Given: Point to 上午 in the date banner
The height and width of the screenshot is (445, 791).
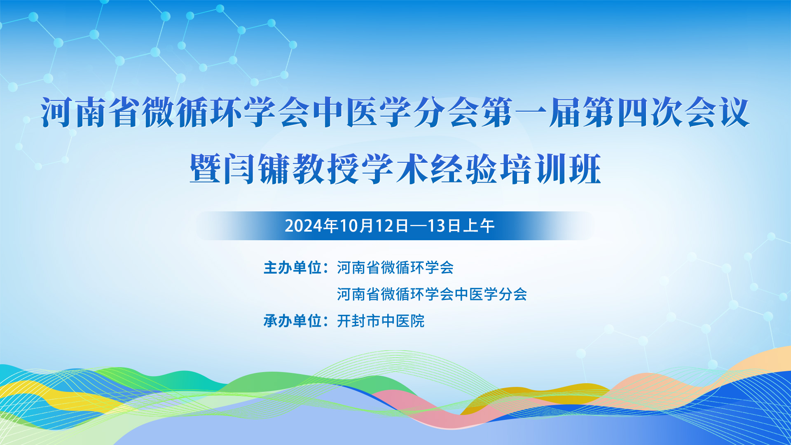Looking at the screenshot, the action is click(x=478, y=226).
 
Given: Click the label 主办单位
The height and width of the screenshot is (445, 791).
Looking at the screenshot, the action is click(x=293, y=268).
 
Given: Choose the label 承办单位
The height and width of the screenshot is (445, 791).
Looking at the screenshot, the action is click(x=293, y=321).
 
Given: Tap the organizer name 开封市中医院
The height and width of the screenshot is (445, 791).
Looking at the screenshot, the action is click(x=381, y=321).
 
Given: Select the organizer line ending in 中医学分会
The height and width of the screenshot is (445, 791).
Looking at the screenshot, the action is click(x=432, y=294).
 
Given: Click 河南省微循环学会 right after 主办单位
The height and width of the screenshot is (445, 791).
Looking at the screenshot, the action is click(x=395, y=268).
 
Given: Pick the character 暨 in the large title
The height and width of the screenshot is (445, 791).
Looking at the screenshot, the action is click(x=206, y=169).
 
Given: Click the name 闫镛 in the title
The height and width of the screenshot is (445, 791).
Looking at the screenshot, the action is click(x=257, y=169).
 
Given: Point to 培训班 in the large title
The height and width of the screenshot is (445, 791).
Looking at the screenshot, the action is click(x=550, y=169).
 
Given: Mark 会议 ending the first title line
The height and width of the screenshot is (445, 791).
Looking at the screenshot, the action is click(x=718, y=112).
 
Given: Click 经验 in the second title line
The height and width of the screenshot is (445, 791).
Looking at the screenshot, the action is click(x=464, y=169).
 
